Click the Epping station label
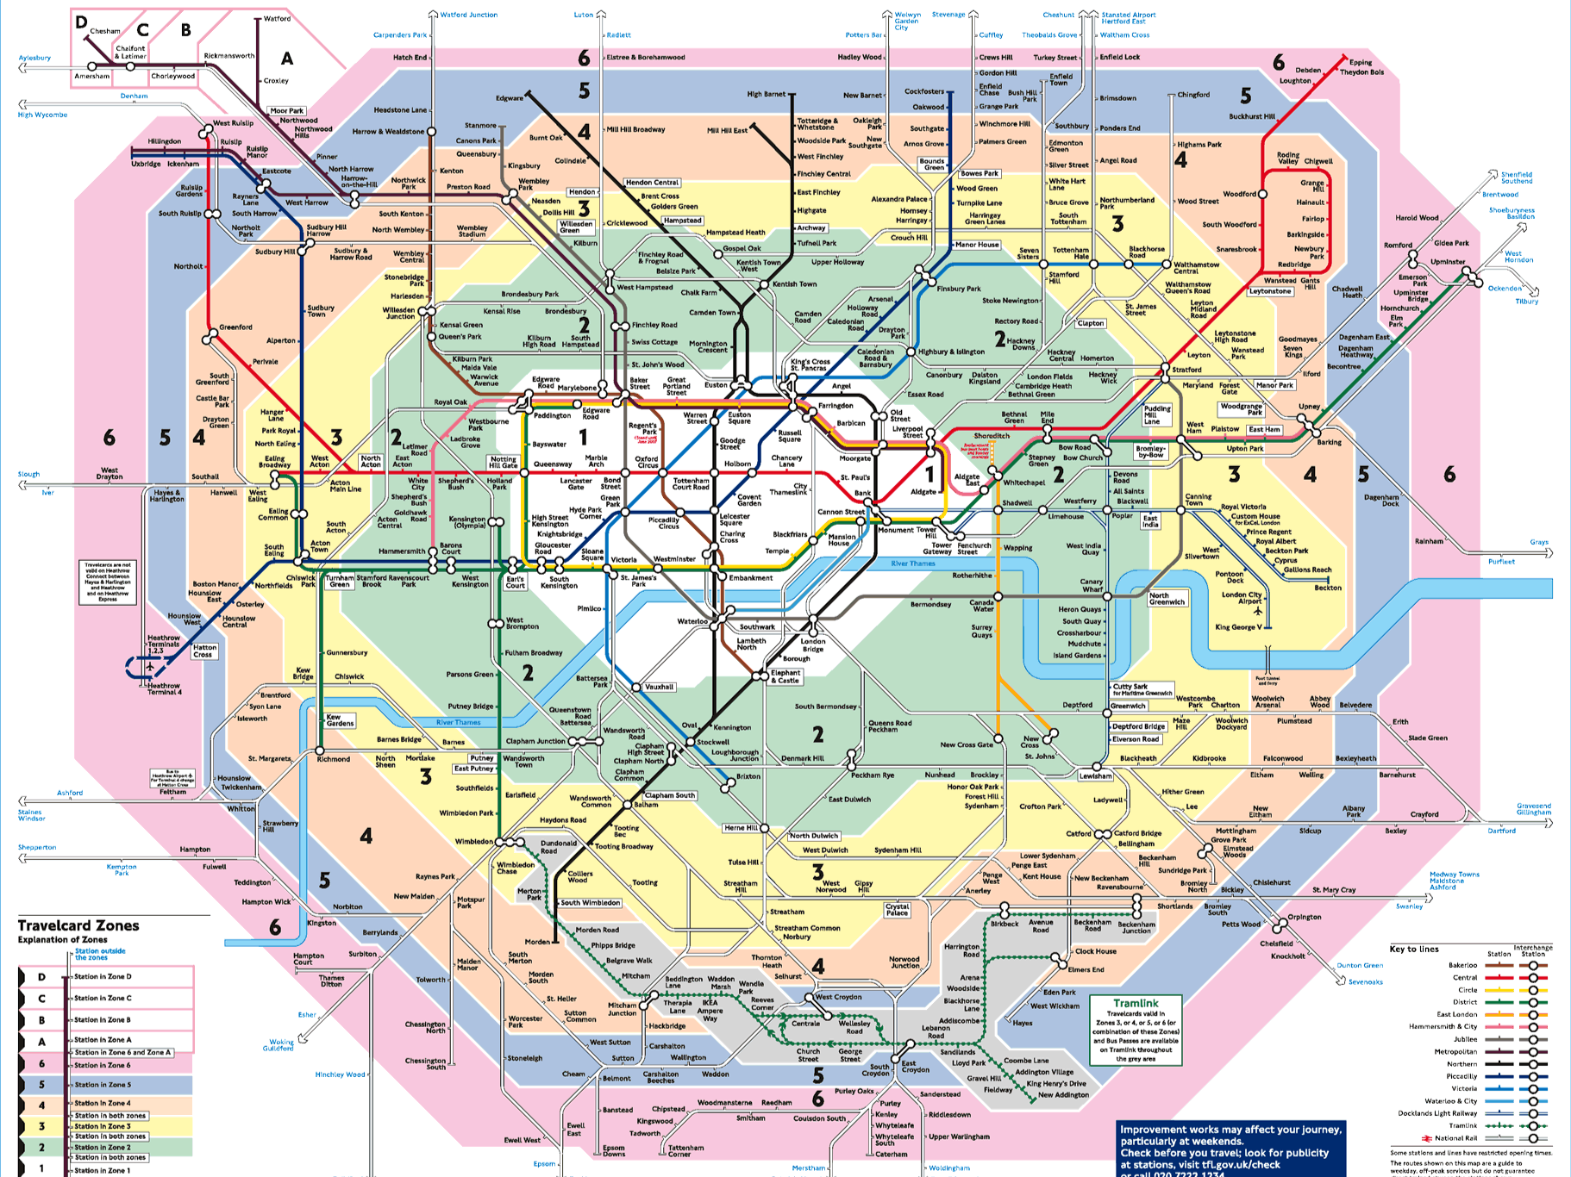(1361, 62)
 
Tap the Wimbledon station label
(473, 841)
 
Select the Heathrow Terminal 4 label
(164, 688)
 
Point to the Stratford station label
(1186, 370)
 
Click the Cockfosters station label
(923, 91)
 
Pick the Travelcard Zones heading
(78, 925)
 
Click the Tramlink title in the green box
(1136, 1003)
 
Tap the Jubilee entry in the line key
(1465, 1039)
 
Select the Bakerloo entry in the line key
(1462, 965)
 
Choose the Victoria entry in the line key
(1463, 1088)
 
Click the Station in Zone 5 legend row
(103, 1085)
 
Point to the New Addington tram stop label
(1063, 1095)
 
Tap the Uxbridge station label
(146, 164)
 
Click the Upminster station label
(1448, 262)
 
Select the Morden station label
(537, 942)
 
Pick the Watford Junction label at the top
(468, 15)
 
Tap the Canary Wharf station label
(1091, 585)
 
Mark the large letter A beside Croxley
(287, 59)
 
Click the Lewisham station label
(1095, 775)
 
